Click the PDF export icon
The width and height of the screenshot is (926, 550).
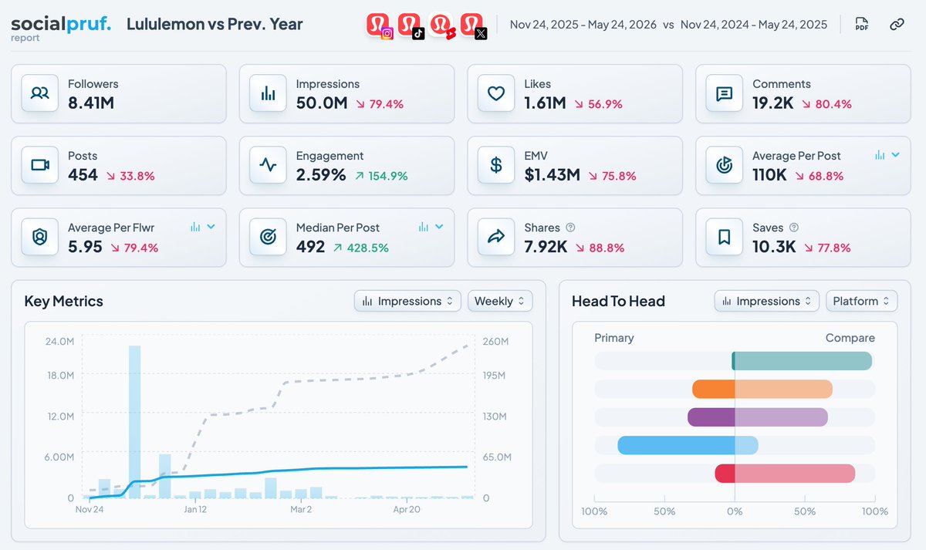coord(861,24)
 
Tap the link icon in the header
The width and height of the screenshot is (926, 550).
coord(897,25)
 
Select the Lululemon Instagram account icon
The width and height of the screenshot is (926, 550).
coord(379,25)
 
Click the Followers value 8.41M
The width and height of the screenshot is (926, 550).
coord(91,103)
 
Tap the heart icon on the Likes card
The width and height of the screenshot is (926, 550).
coord(495,93)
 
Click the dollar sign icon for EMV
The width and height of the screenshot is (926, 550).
coord(495,165)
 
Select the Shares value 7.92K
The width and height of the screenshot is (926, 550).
coord(546,247)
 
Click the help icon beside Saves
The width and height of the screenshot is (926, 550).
coord(794,228)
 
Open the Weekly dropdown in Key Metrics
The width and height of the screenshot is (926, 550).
coord(500,301)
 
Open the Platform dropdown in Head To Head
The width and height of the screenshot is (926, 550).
coord(861,301)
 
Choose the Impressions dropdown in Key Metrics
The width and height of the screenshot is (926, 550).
coord(407,301)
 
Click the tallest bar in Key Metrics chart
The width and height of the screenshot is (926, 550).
coord(135,422)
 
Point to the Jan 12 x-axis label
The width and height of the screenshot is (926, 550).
coord(195,509)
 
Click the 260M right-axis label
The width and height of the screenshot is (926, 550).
coord(495,341)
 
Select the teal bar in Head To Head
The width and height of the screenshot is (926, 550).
coord(802,361)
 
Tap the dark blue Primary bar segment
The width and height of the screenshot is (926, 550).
coord(676,445)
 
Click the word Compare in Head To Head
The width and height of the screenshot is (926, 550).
coord(850,338)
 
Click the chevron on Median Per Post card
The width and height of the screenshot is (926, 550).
coord(439,227)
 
